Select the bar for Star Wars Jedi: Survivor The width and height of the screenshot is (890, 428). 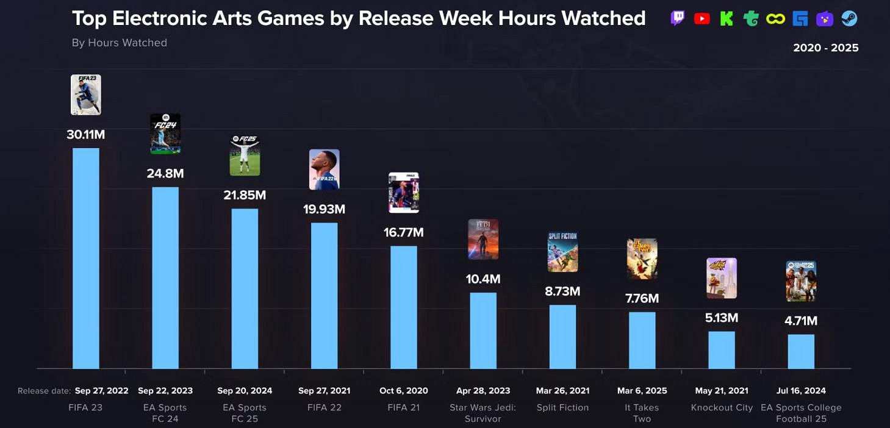point(483,330)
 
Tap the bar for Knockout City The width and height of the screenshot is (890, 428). point(722,350)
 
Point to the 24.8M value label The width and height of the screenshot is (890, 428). point(165,174)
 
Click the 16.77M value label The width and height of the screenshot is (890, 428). point(403,232)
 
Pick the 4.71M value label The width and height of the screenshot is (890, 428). point(801,321)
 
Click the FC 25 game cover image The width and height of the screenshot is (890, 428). point(245,156)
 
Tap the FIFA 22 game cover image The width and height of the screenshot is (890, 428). point(324,169)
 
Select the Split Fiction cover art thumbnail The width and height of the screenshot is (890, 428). point(562,252)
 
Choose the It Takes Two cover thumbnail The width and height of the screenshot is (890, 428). point(642,259)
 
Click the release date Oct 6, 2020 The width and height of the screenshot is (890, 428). point(404,391)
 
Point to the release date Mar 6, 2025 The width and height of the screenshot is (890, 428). point(642,391)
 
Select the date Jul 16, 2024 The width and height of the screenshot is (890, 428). point(801,391)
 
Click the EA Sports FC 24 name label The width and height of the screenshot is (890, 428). point(165,413)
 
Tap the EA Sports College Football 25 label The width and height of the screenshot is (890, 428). point(801,413)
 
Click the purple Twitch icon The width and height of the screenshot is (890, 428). point(678,19)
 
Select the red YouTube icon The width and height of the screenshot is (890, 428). point(702,19)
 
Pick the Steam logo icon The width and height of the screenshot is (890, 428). point(849,19)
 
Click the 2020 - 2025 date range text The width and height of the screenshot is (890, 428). point(825,48)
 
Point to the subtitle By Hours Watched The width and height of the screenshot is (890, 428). point(120,43)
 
